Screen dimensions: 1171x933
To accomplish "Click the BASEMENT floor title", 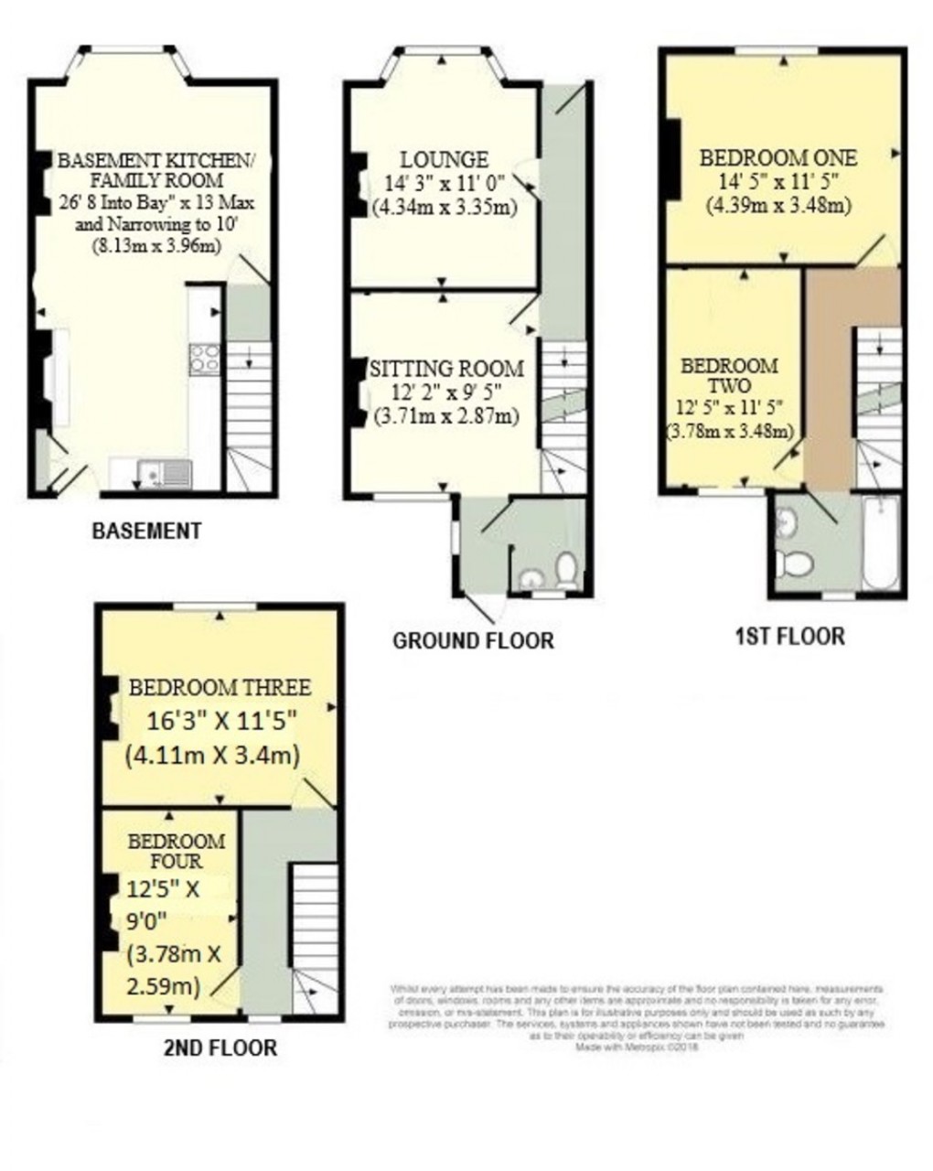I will (146, 531).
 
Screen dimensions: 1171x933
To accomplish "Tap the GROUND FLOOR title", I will (473, 640).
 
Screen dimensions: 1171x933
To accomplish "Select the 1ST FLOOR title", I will (790, 636).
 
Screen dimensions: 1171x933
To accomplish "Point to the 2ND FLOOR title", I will (220, 1047).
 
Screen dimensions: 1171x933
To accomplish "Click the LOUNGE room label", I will (444, 159).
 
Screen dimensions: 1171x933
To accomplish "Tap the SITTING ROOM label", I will (446, 368).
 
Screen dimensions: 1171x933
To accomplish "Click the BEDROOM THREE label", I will (220, 687).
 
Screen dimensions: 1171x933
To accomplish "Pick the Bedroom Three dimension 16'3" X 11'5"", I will (223, 721).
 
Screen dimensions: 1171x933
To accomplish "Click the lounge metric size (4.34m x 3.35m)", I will (445, 207).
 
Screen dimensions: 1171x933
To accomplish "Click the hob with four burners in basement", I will (204, 359).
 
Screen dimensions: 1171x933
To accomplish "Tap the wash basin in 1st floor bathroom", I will (785, 522).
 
